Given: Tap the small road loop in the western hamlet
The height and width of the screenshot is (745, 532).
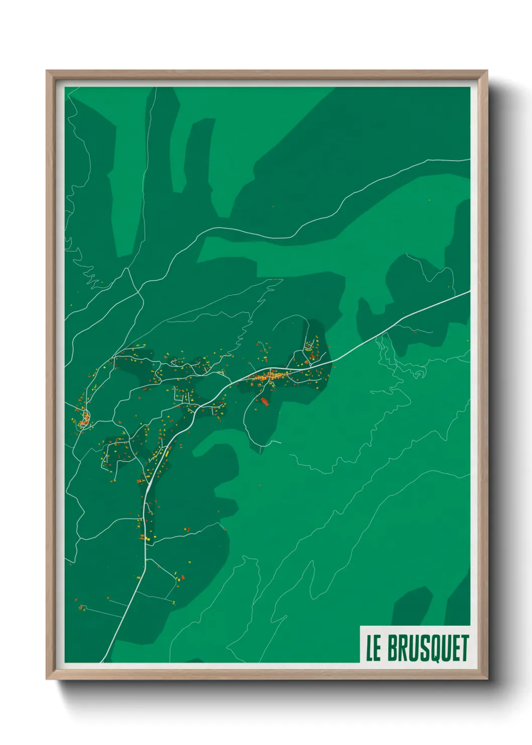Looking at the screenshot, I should click(84, 418).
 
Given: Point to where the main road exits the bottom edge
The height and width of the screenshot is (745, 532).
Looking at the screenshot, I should click(103, 660).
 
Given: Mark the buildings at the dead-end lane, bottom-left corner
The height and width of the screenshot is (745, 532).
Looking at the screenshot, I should click(82, 608).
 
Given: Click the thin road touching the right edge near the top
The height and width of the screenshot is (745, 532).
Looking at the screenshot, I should click(469, 160).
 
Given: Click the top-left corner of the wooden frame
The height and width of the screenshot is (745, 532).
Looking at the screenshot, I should click(47, 71).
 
